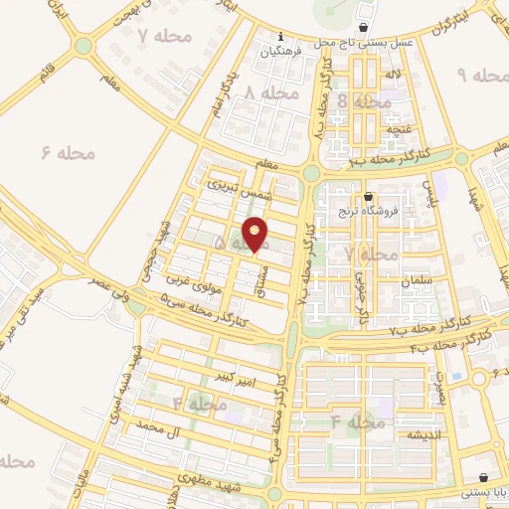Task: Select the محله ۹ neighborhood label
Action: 473,76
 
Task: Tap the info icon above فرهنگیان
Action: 280,35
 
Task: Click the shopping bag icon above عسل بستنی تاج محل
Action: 367,27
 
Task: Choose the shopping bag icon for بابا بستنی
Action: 483,477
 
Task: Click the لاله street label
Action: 395,75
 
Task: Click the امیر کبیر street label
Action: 240,380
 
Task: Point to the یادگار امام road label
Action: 226,89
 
